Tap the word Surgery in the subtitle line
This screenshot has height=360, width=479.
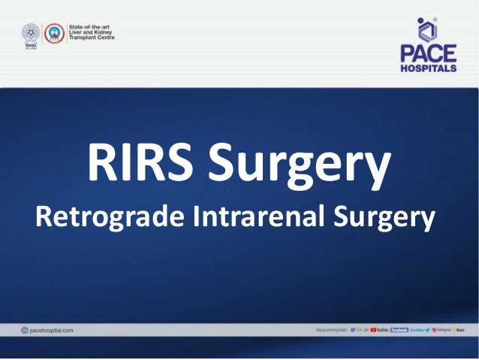coord(387,218)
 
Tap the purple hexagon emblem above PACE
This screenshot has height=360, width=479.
coord(426,29)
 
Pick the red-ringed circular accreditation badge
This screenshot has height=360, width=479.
coord(53,35)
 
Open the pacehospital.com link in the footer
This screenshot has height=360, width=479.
coord(52,330)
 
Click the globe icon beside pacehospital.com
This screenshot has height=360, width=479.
coord(25,330)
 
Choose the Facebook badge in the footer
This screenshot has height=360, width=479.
coord(399,330)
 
